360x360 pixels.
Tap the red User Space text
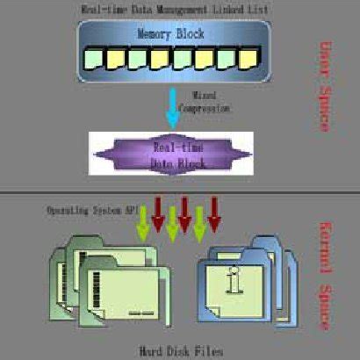click(322, 87)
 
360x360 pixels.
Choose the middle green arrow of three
click(172, 226)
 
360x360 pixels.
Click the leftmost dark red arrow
click(158, 214)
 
